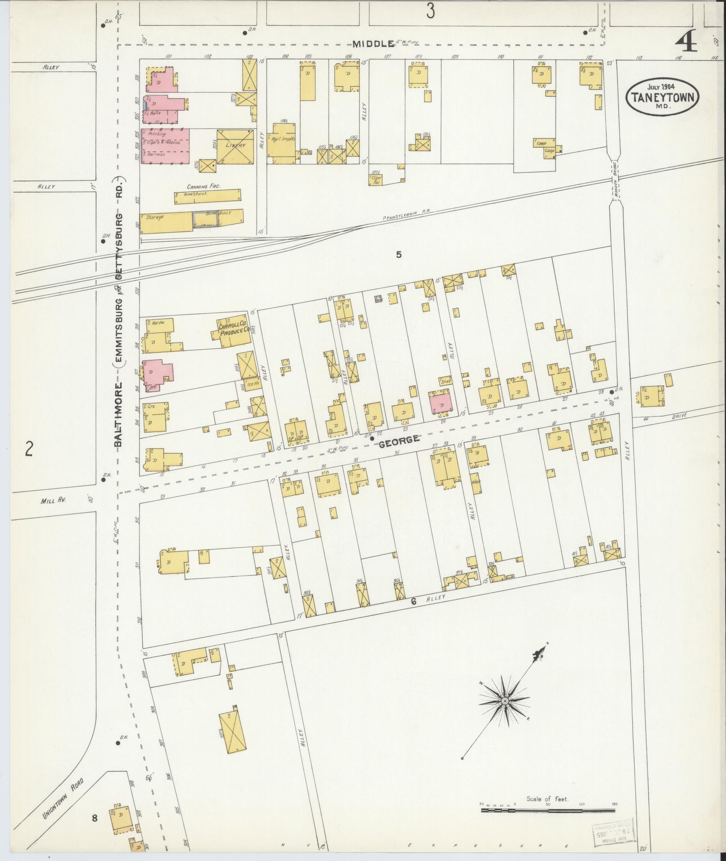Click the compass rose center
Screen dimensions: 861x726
505,714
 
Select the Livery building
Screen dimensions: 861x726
235,146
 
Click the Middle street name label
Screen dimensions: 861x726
373,44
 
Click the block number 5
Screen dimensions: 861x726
398,254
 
